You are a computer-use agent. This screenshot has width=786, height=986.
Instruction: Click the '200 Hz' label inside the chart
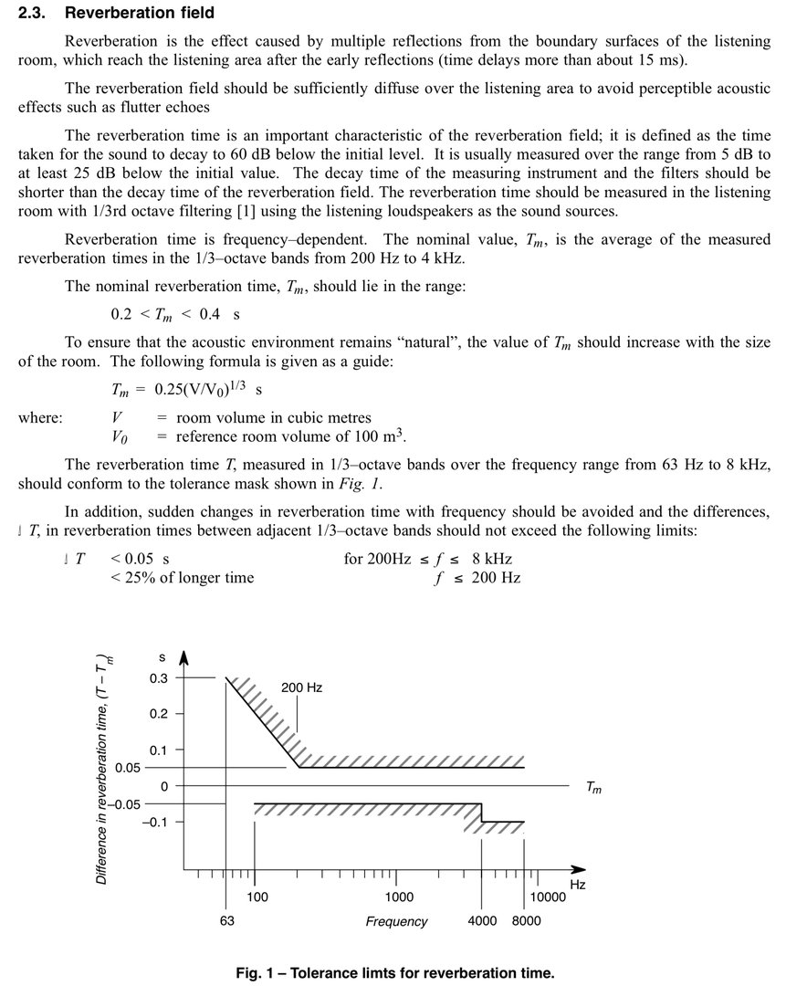point(302,687)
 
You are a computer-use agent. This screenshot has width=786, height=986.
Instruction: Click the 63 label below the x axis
point(226,920)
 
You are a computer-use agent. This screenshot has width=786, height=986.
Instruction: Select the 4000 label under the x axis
point(482,920)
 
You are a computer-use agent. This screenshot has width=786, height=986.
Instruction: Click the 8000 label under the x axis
point(526,920)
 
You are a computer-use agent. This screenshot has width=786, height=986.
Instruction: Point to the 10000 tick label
point(549,897)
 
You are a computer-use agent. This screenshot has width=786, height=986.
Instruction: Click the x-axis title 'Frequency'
point(396,921)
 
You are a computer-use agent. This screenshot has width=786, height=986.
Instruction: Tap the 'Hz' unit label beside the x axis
point(577,885)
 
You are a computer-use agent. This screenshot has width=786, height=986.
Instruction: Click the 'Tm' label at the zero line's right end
point(593,787)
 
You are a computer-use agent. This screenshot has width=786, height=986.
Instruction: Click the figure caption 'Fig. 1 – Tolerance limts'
point(394,972)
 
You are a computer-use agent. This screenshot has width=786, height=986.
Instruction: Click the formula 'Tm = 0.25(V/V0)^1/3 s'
point(186,389)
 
